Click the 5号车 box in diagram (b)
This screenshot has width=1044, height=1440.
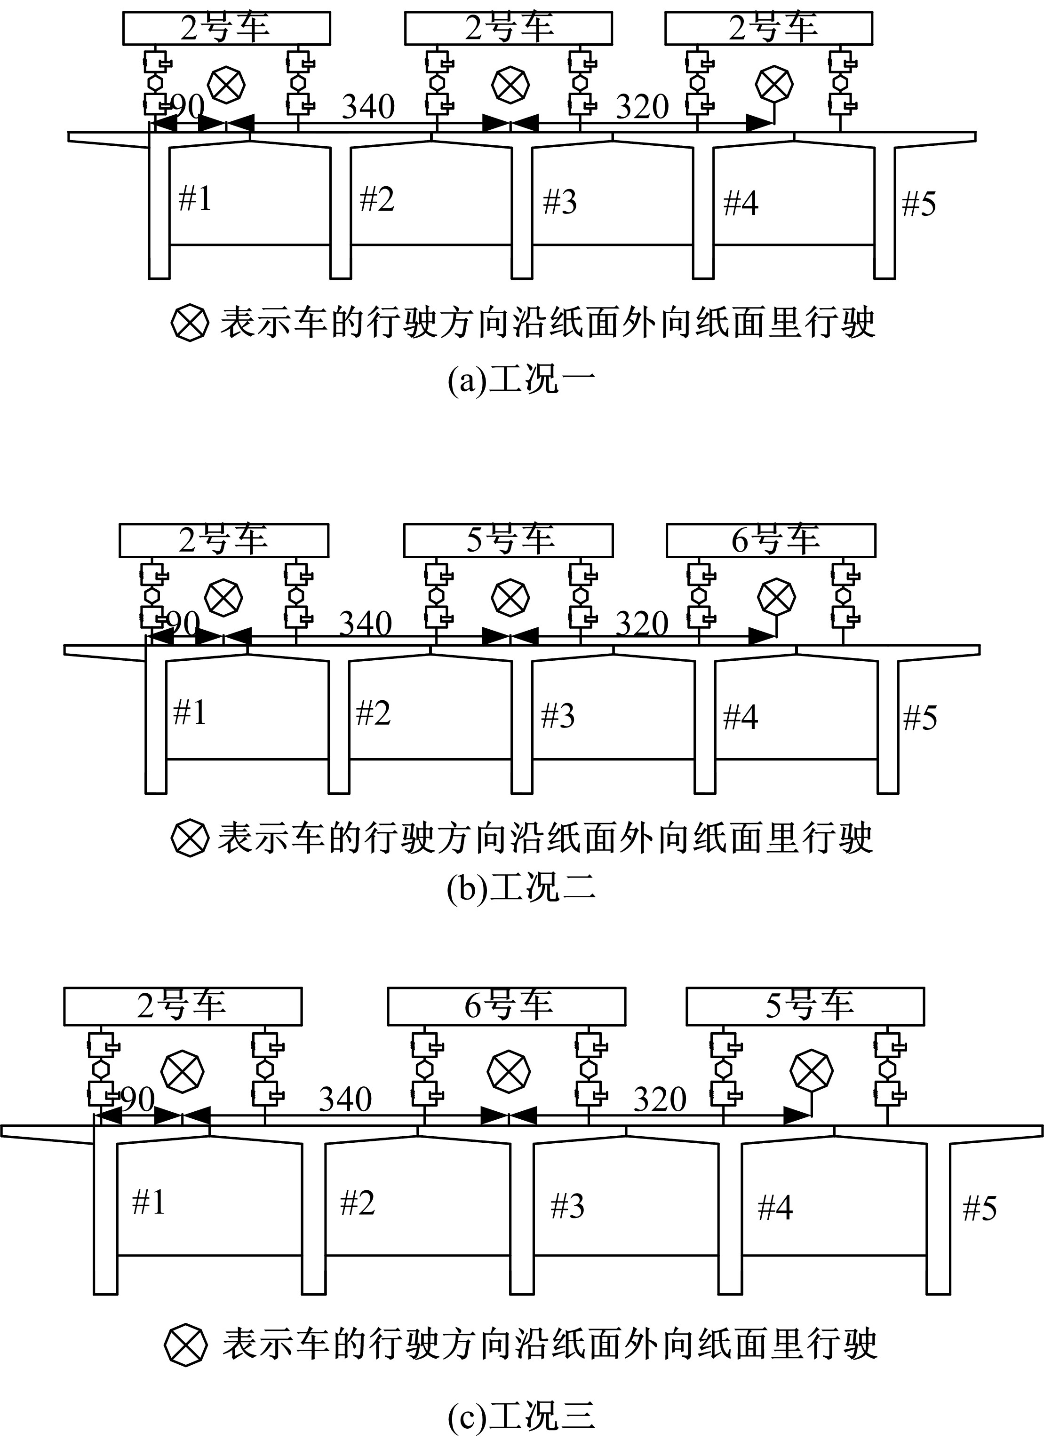click(x=508, y=540)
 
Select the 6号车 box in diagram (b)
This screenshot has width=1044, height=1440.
click(x=771, y=540)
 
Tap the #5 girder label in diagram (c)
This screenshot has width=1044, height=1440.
click(x=980, y=1208)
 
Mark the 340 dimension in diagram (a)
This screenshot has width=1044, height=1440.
click(x=368, y=107)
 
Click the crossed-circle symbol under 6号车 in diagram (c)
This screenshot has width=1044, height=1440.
click(x=509, y=1071)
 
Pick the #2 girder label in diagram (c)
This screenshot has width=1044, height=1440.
click(x=358, y=1203)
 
